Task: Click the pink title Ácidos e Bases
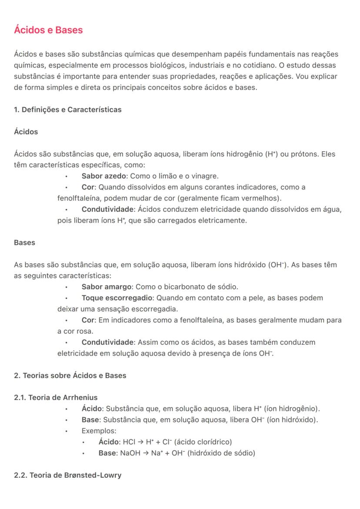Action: coord(48,30)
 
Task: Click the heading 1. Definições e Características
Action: coord(68,110)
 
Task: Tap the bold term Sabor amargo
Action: coord(107,287)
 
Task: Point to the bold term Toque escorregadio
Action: coord(117,298)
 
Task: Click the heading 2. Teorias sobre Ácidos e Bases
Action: coord(70,375)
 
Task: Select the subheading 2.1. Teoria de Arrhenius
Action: coord(56,397)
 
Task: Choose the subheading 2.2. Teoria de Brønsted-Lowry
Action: coord(67,475)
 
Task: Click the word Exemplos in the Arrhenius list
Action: coord(99,431)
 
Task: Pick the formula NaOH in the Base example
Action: coord(129,453)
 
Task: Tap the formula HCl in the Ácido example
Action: coord(129,442)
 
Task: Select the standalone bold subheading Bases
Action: coord(24,243)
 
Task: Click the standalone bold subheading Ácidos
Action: coord(26,132)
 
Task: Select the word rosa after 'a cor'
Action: coord(79,331)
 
